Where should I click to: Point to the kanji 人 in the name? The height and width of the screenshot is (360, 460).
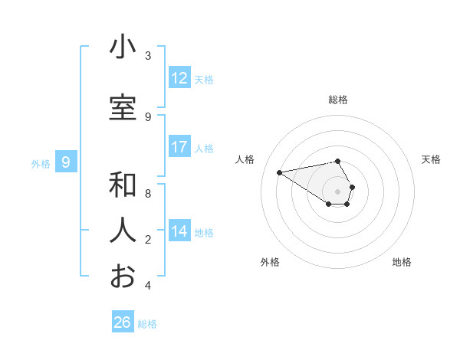click(x=123, y=230)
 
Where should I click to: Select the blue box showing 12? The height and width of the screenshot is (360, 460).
click(x=179, y=78)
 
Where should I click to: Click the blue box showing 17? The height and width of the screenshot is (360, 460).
click(x=179, y=147)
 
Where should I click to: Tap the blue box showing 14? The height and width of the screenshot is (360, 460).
click(x=179, y=231)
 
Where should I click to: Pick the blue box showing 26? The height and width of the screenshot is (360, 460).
click(x=123, y=322)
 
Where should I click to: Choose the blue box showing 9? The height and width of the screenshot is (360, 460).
click(x=67, y=162)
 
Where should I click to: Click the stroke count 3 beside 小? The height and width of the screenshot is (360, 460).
click(x=148, y=56)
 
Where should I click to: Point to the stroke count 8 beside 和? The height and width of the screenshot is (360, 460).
click(x=148, y=194)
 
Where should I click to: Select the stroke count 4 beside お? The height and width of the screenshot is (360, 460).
click(x=148, y=286)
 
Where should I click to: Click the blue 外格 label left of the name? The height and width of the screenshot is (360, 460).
click(x=41, y=163)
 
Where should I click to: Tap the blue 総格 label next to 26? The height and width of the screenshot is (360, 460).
click(x=147, y=324)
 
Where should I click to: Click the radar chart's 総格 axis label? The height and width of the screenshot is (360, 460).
click(x=338, y=100)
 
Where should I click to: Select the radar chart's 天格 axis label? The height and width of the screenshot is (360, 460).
click(x=432, y=159)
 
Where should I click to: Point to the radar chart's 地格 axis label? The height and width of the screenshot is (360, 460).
click(x=402, y=262)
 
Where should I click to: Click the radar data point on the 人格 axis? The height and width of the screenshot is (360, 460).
click(x=280, y=172)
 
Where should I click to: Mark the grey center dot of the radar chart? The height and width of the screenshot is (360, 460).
click(x=338, y=191)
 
